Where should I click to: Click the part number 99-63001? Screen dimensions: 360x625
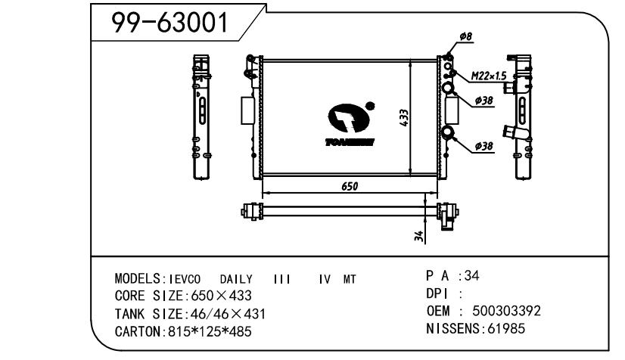[x=169, y=24]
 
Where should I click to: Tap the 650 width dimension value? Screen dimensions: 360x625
[x=349, y=187]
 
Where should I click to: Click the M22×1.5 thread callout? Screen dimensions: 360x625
[x=488, y=76]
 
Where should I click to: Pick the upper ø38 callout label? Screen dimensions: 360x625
[x=484, y=101]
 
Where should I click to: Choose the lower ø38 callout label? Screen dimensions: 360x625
[x=484, y=145]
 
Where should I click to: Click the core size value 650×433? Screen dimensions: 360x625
[x=220, y=296]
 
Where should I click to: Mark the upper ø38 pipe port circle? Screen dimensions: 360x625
[x=449, y=89]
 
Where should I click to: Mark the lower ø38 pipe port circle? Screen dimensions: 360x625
[x=449, y=134]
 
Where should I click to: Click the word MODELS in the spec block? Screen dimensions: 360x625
[x=135, y=279]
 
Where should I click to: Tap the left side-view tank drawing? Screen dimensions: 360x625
[x=202, y=117]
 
